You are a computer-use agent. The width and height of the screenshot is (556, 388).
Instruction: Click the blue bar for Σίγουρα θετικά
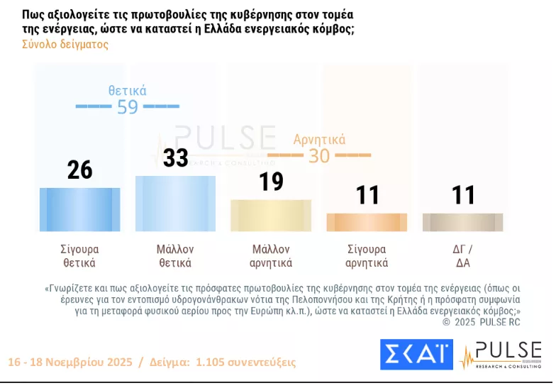(79, 209)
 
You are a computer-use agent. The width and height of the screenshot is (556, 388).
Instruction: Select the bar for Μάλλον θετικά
(175, 203)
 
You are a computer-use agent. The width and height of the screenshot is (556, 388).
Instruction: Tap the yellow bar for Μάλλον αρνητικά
(272, 215)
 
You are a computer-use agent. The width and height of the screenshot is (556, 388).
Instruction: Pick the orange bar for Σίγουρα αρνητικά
(367, 222)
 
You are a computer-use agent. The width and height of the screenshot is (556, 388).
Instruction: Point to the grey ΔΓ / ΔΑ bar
(462, 222)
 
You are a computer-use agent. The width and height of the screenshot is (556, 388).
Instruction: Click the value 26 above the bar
(80, 170)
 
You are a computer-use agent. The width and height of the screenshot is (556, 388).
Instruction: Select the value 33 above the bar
(176, 157)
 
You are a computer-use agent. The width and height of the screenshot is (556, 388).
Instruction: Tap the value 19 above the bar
(272, 182)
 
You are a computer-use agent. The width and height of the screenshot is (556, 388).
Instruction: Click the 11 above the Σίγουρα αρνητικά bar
(367, 194)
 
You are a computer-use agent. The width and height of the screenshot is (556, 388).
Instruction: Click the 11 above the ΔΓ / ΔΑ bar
(463, 194)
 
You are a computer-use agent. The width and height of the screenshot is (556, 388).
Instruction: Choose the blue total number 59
(128, 107)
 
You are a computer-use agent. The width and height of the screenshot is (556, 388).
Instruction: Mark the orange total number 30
(319, 155)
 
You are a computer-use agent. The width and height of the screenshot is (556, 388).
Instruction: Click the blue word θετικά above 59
(128, 90)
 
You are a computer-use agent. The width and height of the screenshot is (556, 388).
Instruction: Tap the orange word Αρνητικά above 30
(319, 139)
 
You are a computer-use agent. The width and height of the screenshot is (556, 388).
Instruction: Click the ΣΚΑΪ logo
(416, 355)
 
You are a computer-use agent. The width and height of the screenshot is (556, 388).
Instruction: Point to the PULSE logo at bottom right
(501, 355)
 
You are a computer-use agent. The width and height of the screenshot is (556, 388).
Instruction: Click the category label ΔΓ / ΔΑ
(462, 256)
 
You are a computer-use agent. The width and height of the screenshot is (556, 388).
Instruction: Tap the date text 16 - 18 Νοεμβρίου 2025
(69, 362)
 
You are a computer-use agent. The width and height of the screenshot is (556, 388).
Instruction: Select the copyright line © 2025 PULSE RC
(482, 321)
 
